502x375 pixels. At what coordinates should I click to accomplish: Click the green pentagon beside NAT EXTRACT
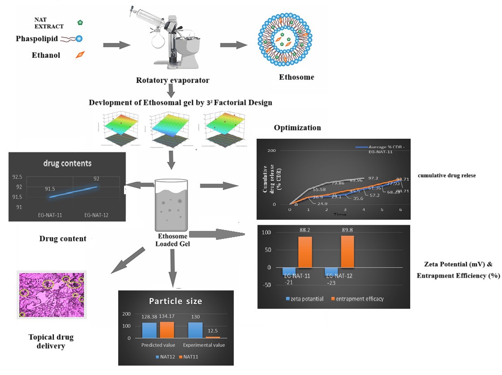(80, 22)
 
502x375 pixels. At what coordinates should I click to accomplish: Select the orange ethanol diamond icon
(80, 55)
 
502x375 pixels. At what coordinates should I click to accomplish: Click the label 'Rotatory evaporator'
(173, 81)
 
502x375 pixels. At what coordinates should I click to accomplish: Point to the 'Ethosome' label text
(296, 77)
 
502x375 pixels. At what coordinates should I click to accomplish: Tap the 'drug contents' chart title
(67, 163)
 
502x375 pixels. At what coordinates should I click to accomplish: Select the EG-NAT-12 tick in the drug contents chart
(96, 215)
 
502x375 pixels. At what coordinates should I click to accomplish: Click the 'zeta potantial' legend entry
(304, 298)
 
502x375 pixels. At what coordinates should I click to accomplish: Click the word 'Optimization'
(297, 128)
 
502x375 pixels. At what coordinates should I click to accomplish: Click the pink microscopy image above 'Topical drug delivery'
(51, 294)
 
